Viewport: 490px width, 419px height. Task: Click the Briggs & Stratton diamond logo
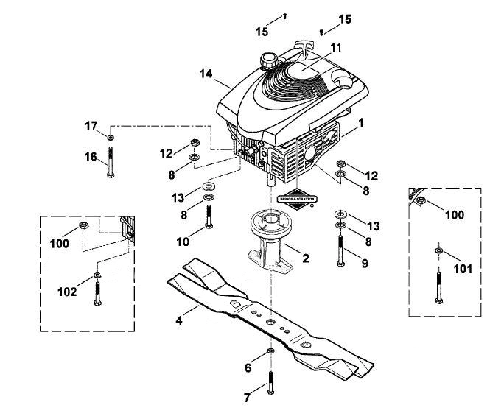[297, 199]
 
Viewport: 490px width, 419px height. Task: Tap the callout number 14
[206, 74]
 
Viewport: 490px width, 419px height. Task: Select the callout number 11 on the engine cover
[335, 48]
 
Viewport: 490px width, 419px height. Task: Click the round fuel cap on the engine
[267, 60]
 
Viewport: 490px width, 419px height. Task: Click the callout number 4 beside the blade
[179, 320]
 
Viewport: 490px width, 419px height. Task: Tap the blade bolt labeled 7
[270, 383]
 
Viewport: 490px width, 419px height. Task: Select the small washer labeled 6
[270, 351]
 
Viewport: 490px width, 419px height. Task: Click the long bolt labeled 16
[111, 162]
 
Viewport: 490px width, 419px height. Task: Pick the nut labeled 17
[111, 138]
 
